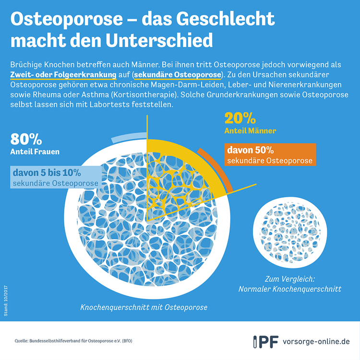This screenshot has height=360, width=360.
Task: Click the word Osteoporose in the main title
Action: point(67,19)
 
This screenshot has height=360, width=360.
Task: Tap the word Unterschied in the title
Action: point(159,40)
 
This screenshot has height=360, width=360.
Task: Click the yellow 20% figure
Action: point(240,118)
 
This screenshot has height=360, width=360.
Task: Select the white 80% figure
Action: point(26,139)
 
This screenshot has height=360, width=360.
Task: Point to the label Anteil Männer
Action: point(250,131)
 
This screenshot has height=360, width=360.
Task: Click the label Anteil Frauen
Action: point(35,152)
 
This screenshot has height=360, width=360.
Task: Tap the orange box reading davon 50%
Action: point(270,155)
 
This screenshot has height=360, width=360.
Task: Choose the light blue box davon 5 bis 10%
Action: point(56,177)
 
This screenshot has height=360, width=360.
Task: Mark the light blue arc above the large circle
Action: point(129,136)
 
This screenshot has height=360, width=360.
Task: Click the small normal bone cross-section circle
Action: point(290,232)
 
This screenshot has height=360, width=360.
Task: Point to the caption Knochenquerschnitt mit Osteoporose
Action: point(144,307)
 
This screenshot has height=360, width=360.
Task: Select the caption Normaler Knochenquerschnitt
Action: point(290,289)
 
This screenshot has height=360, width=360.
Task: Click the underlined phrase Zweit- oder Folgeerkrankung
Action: point(63,75)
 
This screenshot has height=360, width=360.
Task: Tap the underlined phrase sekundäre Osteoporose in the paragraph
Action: point(178,75)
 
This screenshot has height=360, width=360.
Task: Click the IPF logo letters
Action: point(266,342)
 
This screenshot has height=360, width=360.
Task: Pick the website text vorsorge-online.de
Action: point(316,342)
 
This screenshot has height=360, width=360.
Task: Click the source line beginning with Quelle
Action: point(73,341)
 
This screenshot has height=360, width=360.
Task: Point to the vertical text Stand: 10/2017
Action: point(6,301)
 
